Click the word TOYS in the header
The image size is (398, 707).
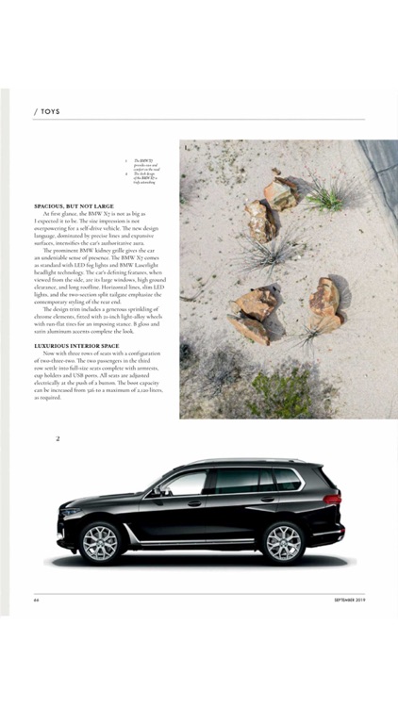(x=51, y=110)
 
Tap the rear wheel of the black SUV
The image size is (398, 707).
(x=282, y=542)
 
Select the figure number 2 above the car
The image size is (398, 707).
(x=58, y=438)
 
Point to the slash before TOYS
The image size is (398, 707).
(x=35, y=110)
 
